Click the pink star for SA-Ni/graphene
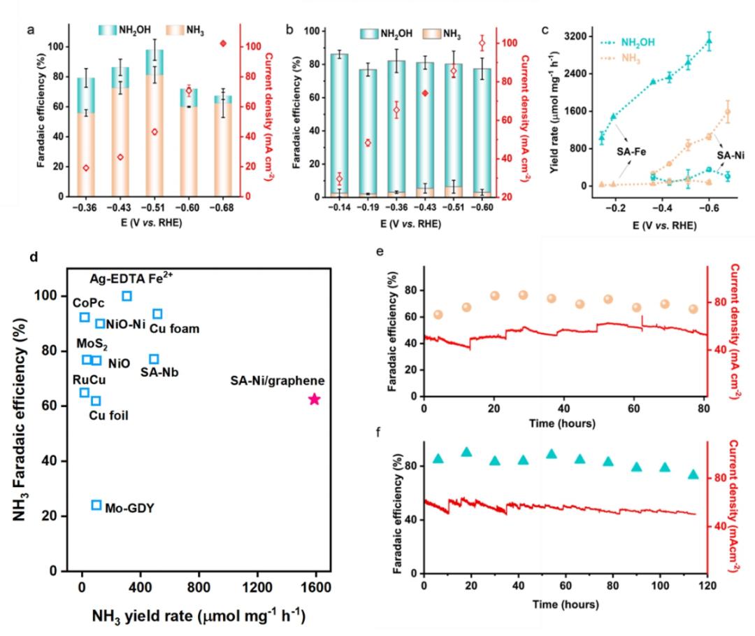click(314, 399)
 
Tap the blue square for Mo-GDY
click(96, 504)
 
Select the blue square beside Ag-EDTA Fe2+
click(127, 296)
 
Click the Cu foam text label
click(174, 329)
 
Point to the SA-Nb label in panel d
click(159, 372)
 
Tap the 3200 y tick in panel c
click(576, 36)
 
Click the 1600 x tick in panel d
click(316, 587)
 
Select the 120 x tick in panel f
click(707, 586)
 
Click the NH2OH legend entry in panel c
click(628, 43)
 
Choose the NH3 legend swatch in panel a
click(175, 30)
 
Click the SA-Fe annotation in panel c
click(631, 152)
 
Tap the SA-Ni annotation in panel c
click(731, 155)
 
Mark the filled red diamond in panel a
click(223, 44)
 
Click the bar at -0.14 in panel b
click(340, 125)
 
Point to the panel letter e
click(380, 251)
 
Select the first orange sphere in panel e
click(438, 315)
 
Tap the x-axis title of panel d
click(199, 616)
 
